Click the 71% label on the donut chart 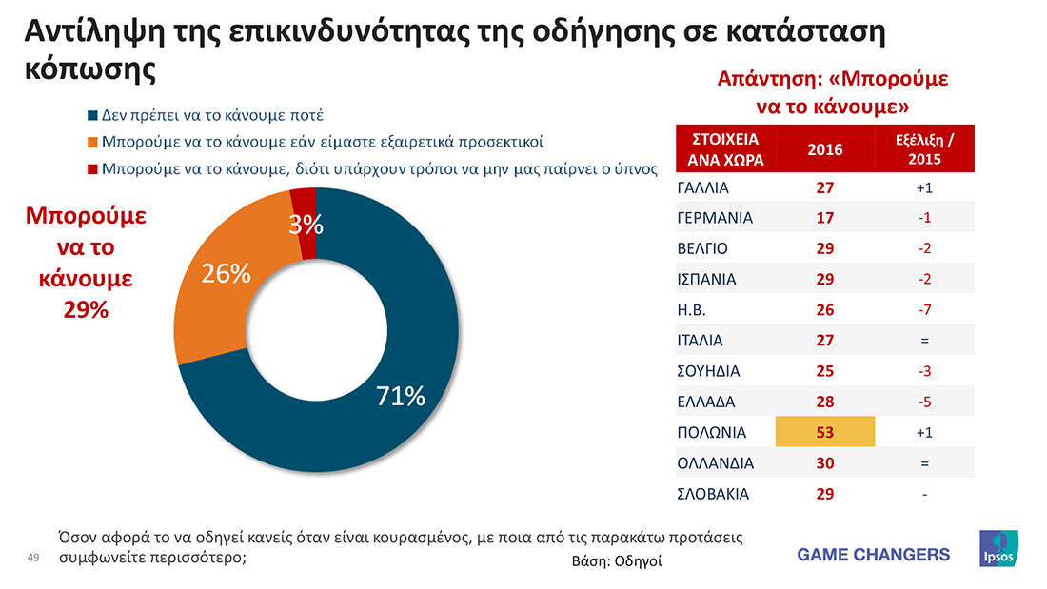(401, 397)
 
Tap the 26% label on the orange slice (226, 274)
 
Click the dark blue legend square (92, 116)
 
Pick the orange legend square (92, 144)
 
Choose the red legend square (92, 170)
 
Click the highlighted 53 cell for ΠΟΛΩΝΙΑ (824, 433)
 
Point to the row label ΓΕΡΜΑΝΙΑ (714, 218)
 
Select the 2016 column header (824, 148)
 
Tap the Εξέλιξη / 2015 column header (924, 148)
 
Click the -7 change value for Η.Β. (924, 310)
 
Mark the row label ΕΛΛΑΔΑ (705, 402)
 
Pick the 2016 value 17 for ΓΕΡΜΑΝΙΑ (824, 218)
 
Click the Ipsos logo (998, 549)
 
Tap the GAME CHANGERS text (873, 554)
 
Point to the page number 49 (32, 558)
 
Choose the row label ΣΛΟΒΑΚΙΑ (713, 494)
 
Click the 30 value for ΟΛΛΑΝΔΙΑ (824, 463)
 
